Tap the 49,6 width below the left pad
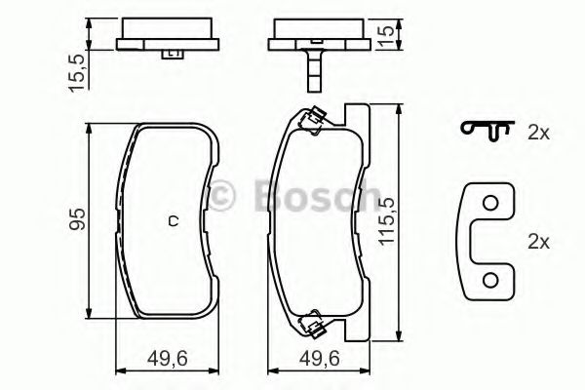[x=167, y=358]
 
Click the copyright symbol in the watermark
[x=226, y=197]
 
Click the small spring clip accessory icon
[x=487, y=129]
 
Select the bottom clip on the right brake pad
[x=313, y=320]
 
